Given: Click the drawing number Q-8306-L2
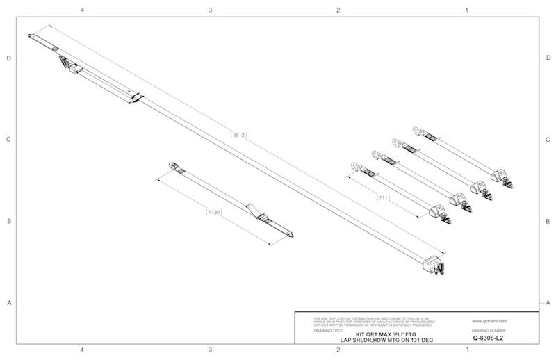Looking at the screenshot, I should [x=486, y=338].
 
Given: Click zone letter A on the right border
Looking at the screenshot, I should [x=548, y=302].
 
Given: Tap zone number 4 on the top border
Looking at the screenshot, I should [x=83, y=10].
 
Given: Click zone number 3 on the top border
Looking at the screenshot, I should [x=210, y=10].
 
